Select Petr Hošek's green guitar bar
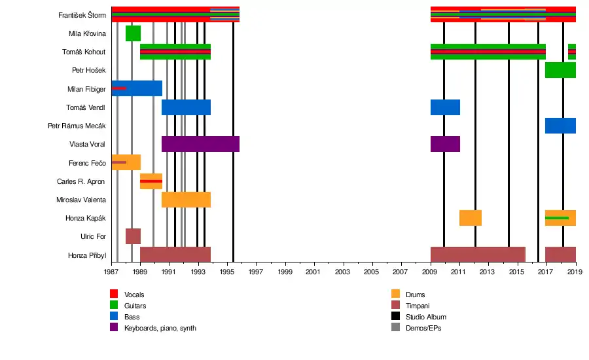click(560, 70)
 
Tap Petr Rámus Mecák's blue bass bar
click(560, 126)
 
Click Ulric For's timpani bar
click(133, 236)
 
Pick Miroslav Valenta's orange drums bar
click(186, 200)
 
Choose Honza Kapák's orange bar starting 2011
click(471, 218)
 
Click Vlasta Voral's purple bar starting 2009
click(445, 144)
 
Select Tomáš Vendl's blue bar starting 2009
click(445, 107)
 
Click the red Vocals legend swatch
click(114, 295)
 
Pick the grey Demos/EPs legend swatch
click(395, 328)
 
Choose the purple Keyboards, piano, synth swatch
click(114, 328)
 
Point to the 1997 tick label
click(255, 272)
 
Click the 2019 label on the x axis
click(575, 272)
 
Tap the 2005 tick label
click(372, 272)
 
